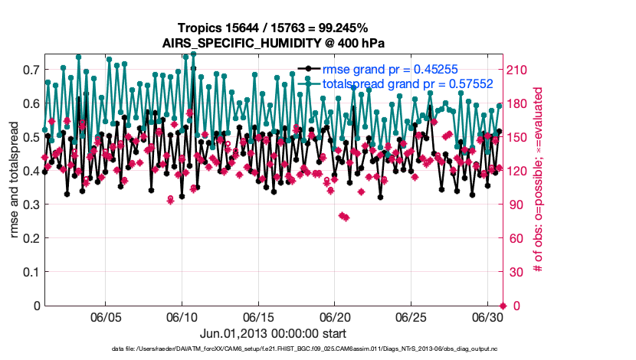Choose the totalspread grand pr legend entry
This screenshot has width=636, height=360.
[407, 83]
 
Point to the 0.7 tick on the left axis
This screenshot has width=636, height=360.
[31, 70]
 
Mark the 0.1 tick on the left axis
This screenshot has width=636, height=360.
[31, 272]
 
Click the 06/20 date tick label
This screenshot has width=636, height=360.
[335, 316]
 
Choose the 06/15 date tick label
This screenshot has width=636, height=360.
[258, 316]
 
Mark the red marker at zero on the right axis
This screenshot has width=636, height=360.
[503, 306]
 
